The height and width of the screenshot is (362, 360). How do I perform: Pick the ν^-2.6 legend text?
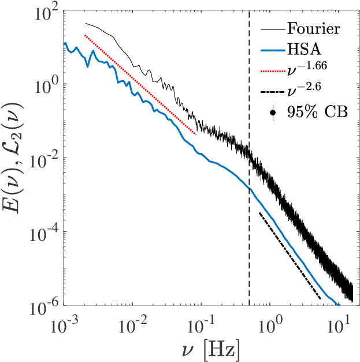pos(304,88)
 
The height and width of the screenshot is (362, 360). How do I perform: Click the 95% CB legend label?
pos(317,112)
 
